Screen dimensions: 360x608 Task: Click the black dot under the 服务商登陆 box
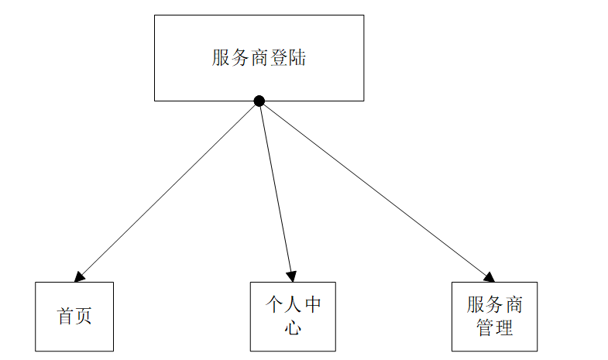coord(259,101)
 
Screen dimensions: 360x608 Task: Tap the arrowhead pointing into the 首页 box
coord(78,276)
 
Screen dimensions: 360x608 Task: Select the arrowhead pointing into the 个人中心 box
coord(291,276)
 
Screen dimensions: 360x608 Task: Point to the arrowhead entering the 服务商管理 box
coord(489,277)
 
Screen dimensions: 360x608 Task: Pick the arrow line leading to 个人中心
coord(276,190)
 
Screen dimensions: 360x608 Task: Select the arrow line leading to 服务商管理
coord(376,190)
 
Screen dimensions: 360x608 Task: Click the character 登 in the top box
coord(278,58)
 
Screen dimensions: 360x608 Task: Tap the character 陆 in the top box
coord(297,58)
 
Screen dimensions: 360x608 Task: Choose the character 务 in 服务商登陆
coord(240,58)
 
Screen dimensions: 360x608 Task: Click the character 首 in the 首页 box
coord(65,317)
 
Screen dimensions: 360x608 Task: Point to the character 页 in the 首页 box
coord(84,317)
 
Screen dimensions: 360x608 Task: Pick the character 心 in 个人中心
coord(293,327)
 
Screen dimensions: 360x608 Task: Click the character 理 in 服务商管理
coord(504,327)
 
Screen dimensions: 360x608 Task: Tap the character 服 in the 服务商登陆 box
coord(222,58)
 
